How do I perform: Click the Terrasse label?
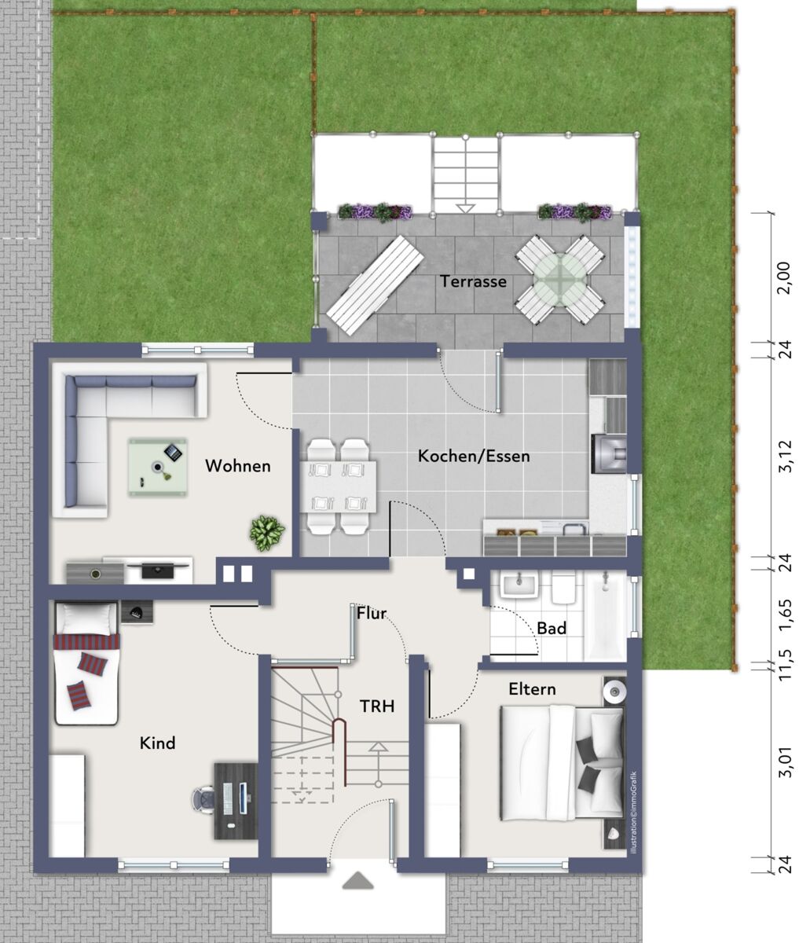pos(473,281)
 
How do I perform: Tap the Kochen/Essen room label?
pos(474,457)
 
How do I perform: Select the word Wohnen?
pos(237,466)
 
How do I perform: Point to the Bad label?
pos(552,628)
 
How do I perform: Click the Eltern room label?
pos(532,689)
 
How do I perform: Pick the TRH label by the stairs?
pos(377,706)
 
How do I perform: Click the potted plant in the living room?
pos(267,533)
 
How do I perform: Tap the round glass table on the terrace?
pos(560,278)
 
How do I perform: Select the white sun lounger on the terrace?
pos(375,285)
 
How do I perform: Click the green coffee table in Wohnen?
pos(158,467)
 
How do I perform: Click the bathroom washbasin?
pos(519,585)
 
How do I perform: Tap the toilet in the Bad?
pos(564,589)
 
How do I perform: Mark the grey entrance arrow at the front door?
pos(358,880)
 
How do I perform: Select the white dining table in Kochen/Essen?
pos(338,486)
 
